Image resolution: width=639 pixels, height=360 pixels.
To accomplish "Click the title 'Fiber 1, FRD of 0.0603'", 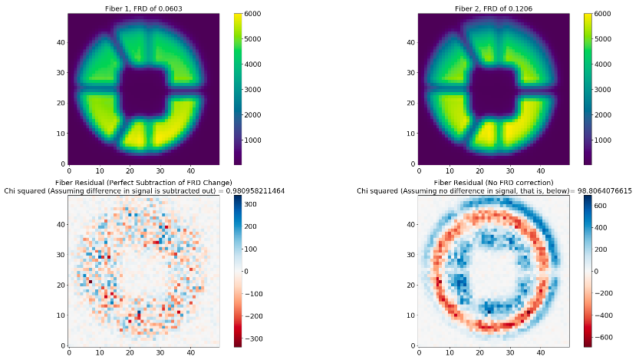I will [143, 8].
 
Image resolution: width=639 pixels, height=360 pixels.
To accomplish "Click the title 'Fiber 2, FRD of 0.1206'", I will [493, 8].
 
